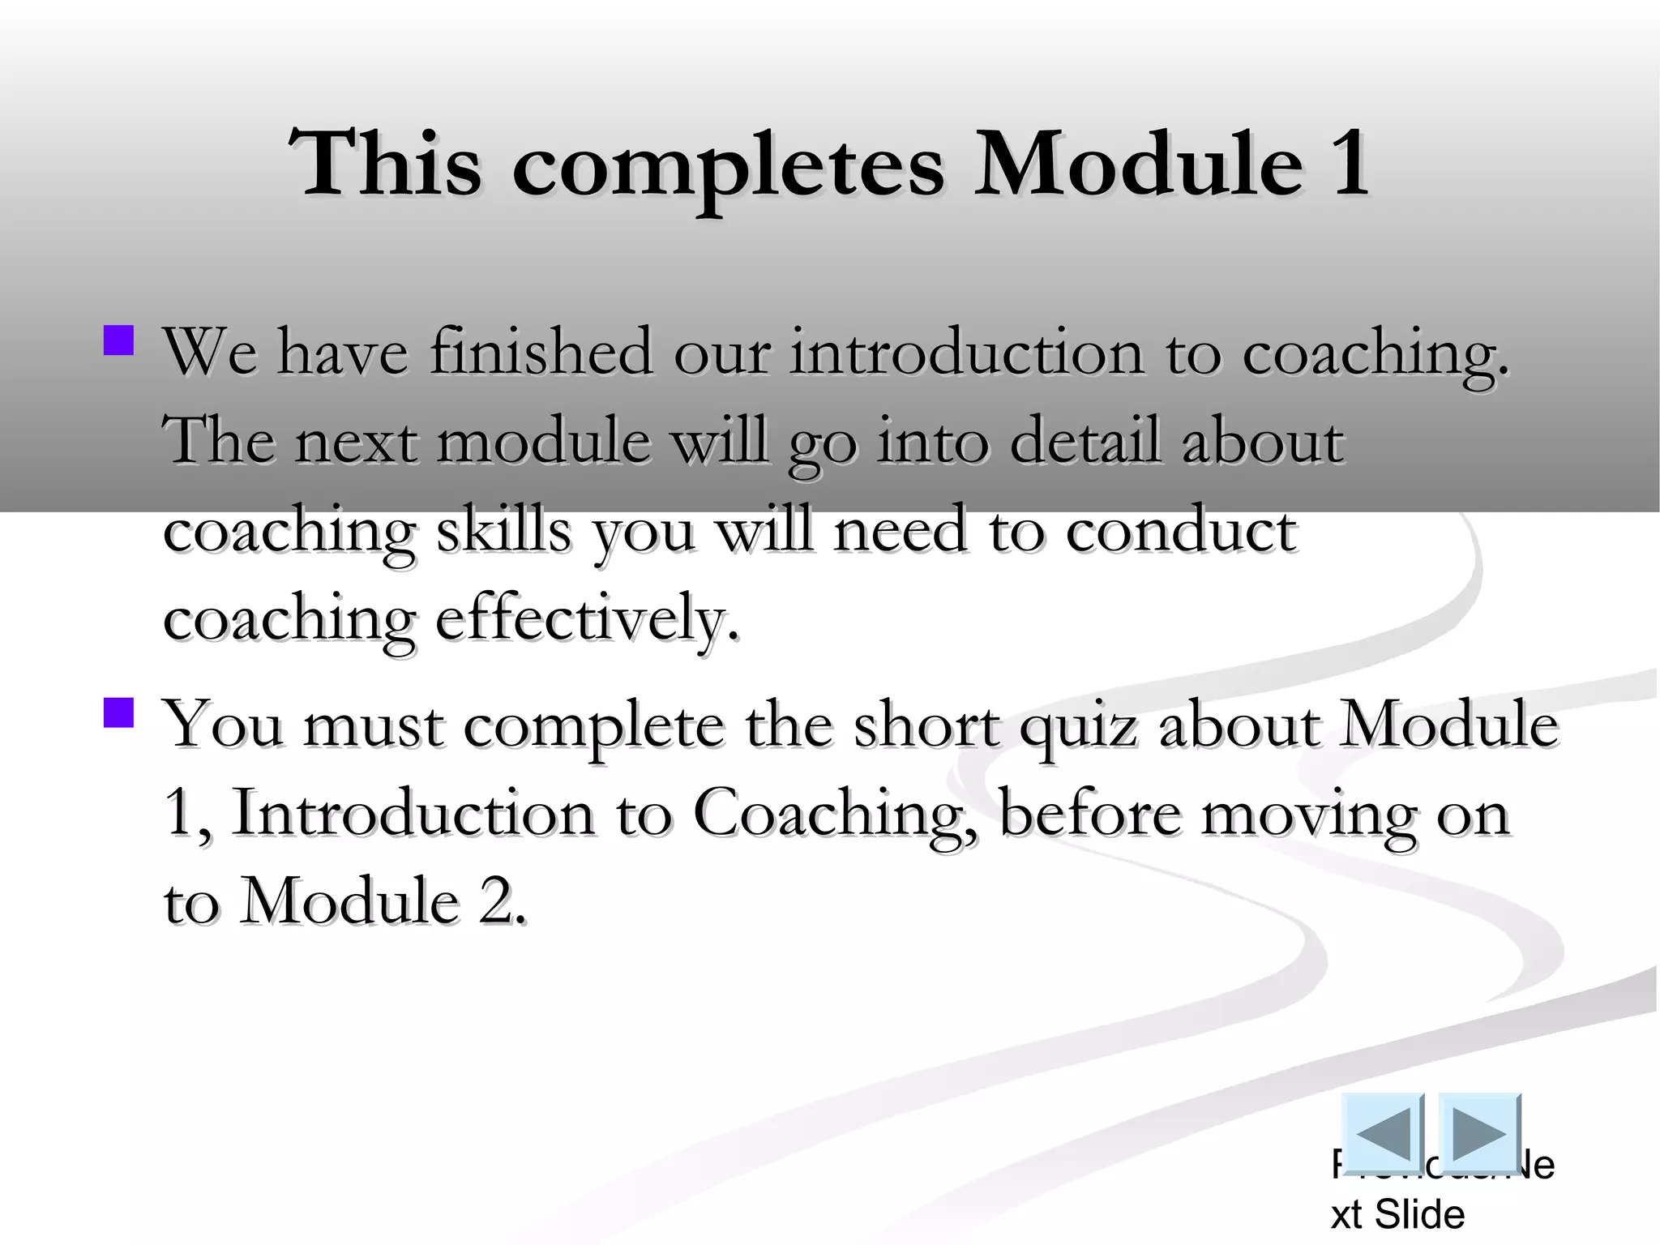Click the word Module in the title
(x=1138, y=165)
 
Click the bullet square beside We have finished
(x=119, y=340)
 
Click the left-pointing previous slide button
(x=1382, y=1133)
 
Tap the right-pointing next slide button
(x=1479, y=1133)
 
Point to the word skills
(x=503, y=531)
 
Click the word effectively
(x=587, y=620)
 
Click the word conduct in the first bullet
(x=1180, y=531)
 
